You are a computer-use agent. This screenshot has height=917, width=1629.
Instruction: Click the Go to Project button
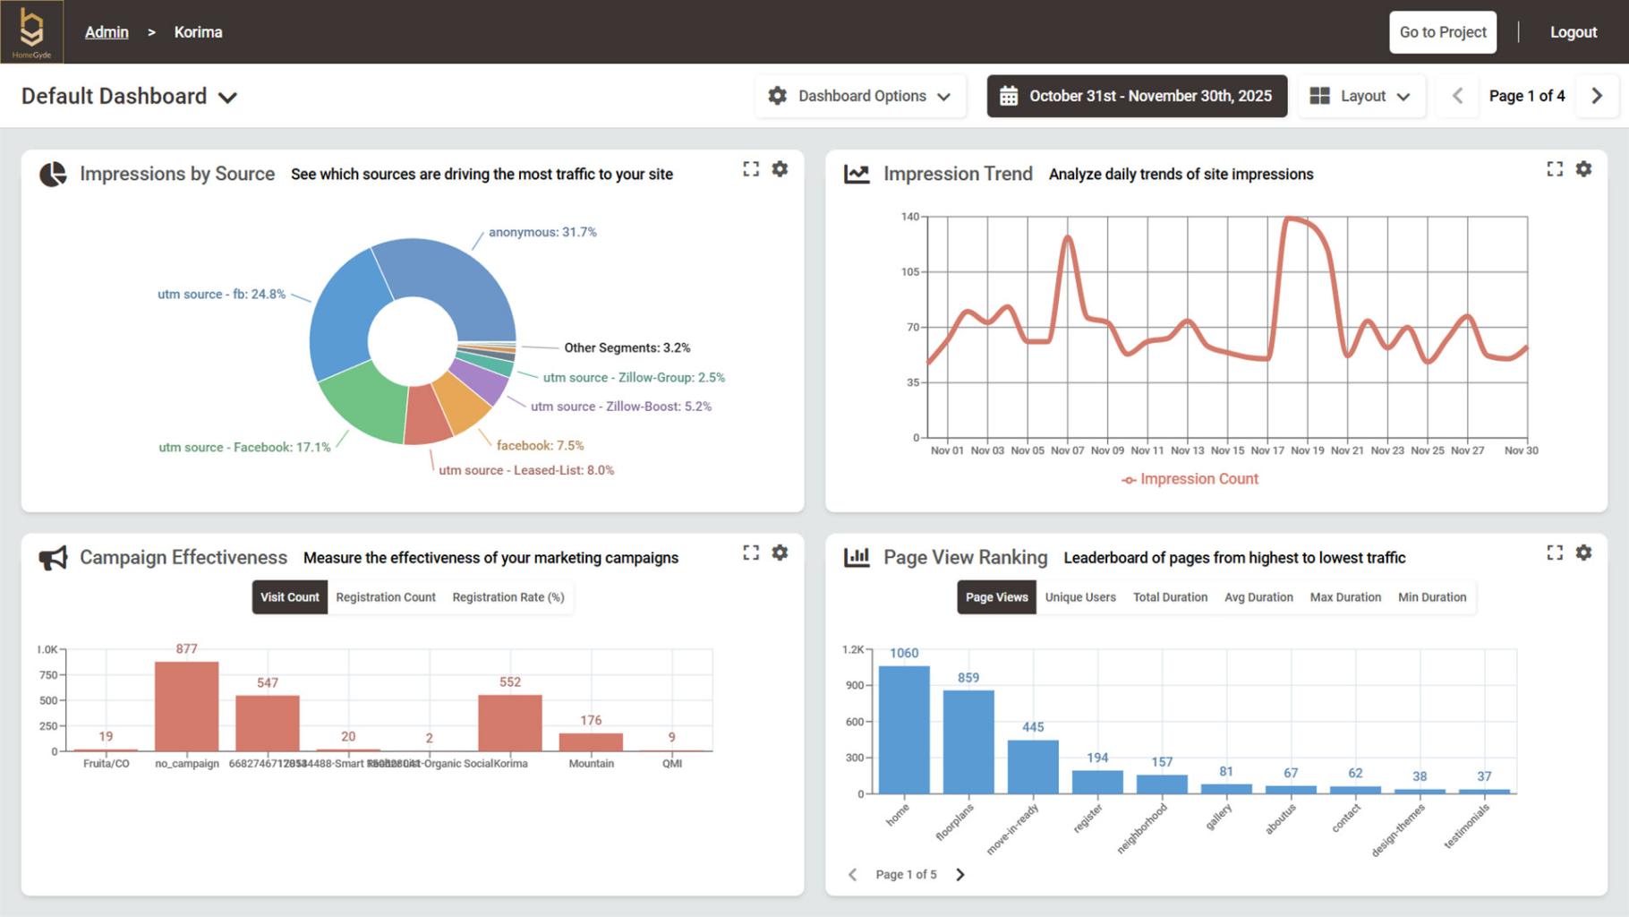(1442, 32)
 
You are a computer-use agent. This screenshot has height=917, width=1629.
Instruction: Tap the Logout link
(1573, 32)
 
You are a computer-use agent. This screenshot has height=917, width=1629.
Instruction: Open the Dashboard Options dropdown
(860, 96)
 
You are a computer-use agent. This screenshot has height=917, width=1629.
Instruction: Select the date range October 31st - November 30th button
(1137, 96)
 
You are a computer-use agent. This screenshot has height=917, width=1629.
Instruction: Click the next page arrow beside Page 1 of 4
(1597, 96)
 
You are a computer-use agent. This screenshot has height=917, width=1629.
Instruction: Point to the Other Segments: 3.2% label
(627, 347)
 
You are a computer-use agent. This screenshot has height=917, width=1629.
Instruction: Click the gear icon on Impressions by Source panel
(780, 168)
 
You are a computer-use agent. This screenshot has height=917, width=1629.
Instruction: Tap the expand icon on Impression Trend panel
(1555, 168)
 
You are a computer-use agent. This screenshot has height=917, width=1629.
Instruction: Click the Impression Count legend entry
(1190, 479)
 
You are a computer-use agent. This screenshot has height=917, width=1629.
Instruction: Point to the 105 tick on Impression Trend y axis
(909, 272)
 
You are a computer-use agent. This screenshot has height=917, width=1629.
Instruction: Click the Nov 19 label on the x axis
(1307, 450)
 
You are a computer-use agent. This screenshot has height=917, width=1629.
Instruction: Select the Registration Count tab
(386, 597)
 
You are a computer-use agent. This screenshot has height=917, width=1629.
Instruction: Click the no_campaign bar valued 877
(186, 707)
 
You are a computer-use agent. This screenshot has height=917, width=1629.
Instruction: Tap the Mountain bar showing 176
(591, 741)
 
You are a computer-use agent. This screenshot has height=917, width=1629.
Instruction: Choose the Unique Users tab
(1080, 597)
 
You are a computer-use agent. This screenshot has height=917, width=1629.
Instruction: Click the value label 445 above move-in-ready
(1033, 727)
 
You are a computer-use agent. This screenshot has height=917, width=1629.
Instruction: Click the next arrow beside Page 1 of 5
(960, 875)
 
